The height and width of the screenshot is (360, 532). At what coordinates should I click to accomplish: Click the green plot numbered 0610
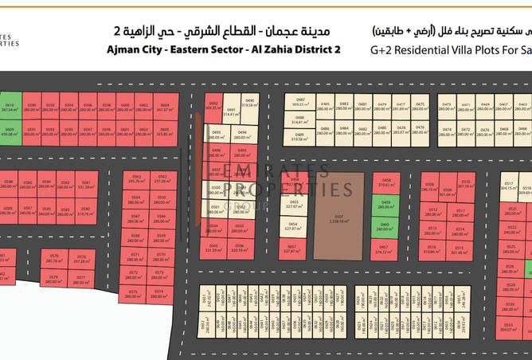pos(10,108)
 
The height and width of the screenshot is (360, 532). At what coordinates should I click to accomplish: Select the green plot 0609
pos(10,131)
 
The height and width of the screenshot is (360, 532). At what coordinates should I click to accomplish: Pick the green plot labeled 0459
pos(385,205)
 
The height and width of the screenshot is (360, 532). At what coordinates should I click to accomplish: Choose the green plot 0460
pos(385,226)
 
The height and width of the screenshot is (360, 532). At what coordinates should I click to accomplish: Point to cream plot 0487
pos(299,103)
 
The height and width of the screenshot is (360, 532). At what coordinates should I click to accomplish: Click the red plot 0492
pos(213,105)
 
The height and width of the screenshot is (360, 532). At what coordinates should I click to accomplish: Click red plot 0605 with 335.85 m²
pos(164,131)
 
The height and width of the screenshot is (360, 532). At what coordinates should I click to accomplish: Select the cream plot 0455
pos(294,205)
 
